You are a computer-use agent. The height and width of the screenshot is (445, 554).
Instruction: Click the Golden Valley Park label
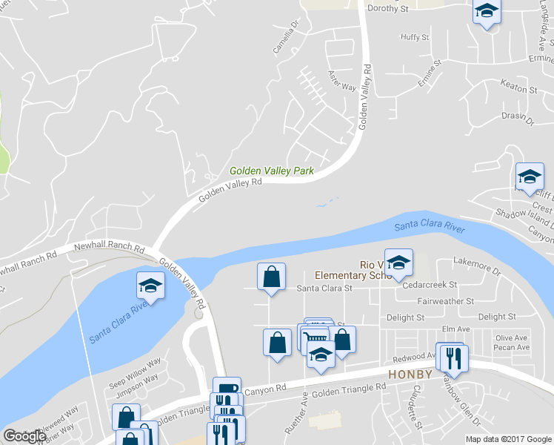pyautogui.click(x=271, y=171)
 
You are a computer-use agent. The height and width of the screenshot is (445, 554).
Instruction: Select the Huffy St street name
pyautogui.click(x=414, y=37)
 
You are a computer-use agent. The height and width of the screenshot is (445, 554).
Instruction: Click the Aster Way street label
pyautogui.click(x=341, y=81)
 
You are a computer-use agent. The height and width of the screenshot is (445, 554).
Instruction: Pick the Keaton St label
pyautogui.click(x=518, y=89)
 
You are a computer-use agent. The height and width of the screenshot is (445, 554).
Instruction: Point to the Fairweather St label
pyautogui.click(x=445, y=301)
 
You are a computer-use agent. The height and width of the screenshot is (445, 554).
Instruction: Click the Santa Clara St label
pyautogui.click(x=324, y=289)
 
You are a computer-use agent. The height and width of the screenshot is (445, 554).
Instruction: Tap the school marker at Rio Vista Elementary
pyautogui.click(x=398, y=263)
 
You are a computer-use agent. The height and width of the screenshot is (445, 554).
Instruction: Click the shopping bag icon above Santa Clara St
pyautogui.click(x=272, y=277)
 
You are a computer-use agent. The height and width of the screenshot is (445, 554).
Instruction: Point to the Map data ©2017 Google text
pyautogui.click(x=508, y=439)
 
